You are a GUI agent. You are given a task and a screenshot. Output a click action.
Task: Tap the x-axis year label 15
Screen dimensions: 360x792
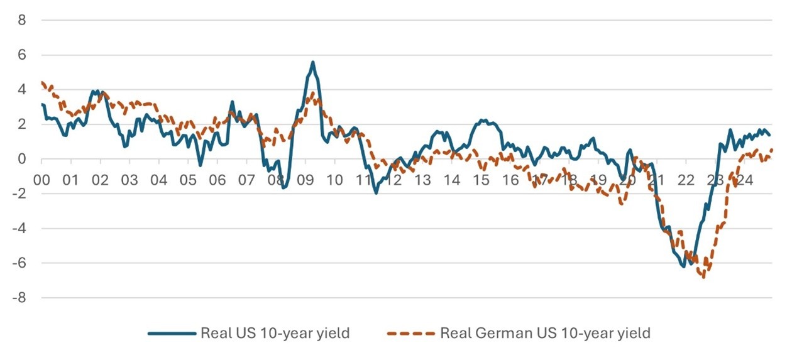click(481, 180)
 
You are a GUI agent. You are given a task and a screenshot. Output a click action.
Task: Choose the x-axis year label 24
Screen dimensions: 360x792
click(744, 180)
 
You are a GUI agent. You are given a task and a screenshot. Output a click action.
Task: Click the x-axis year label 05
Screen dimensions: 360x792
click(188, 180)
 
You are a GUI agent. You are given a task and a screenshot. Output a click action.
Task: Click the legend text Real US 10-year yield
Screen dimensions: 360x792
click(275, 333)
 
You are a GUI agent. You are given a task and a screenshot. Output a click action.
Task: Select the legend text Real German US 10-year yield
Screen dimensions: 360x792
click(544, 333)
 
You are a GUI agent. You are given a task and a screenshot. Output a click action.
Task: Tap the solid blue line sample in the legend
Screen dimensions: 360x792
click(172, 333)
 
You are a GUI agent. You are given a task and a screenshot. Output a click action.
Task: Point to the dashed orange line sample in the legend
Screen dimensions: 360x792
click(411, 333)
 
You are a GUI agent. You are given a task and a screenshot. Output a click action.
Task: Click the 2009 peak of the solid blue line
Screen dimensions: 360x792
click(312, 62)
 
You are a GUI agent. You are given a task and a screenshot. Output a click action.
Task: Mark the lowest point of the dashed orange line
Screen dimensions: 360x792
click(703, 277)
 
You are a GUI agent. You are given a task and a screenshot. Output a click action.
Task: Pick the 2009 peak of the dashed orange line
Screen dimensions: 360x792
click(312, 94)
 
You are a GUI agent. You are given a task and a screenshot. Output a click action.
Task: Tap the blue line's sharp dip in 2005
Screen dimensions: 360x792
click(200, 166)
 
